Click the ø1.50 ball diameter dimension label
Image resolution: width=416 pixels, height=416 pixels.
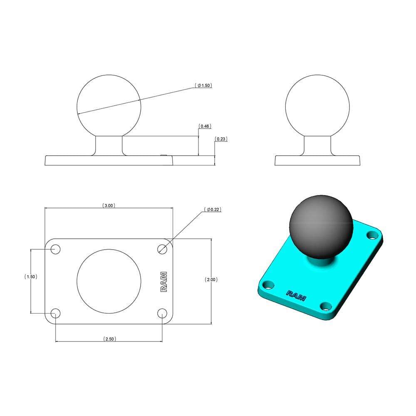(203, 85)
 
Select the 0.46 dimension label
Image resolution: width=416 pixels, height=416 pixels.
(204, 126)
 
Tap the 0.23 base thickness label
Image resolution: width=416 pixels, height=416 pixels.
(221, 139)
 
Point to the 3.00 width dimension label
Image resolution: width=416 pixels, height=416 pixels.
(109, 206)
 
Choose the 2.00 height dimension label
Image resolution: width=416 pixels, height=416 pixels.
(211, 280)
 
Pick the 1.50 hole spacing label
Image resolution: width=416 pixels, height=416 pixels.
(31, 277)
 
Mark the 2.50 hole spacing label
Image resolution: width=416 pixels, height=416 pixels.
(109, 339)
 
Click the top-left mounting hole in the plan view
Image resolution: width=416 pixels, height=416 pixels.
(55, 249)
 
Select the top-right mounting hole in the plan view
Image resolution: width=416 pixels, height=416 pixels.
(163, 249)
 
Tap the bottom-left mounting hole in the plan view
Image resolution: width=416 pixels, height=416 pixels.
(55, 313)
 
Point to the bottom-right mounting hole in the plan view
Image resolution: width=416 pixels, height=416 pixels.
(163, 313)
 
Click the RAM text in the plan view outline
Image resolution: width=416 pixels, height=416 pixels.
(164, 282)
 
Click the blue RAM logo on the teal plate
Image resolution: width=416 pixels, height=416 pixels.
(296, 295)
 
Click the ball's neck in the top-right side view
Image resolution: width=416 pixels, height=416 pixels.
(317, 146)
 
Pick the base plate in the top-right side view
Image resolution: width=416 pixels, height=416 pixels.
(317, 161)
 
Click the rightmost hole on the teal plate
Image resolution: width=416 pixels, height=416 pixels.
(371, 235)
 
